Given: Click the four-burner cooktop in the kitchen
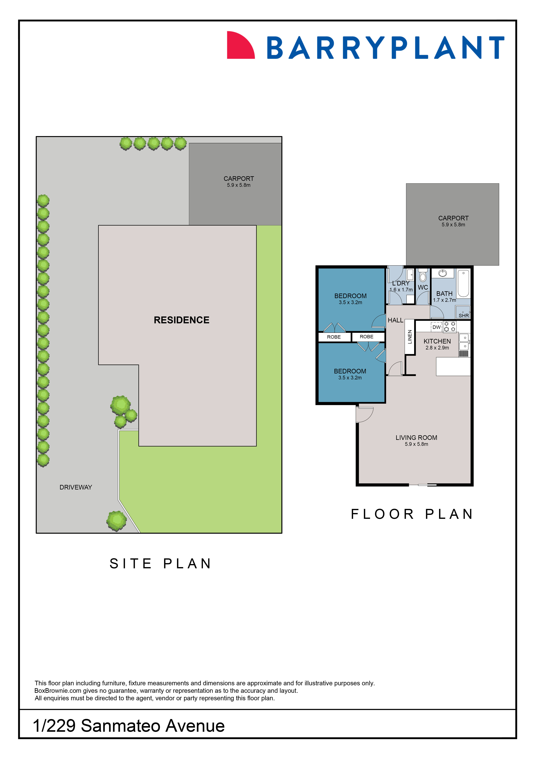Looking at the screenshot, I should [450, 327].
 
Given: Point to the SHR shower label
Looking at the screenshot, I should [463, 316].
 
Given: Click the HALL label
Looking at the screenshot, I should [395, 320].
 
